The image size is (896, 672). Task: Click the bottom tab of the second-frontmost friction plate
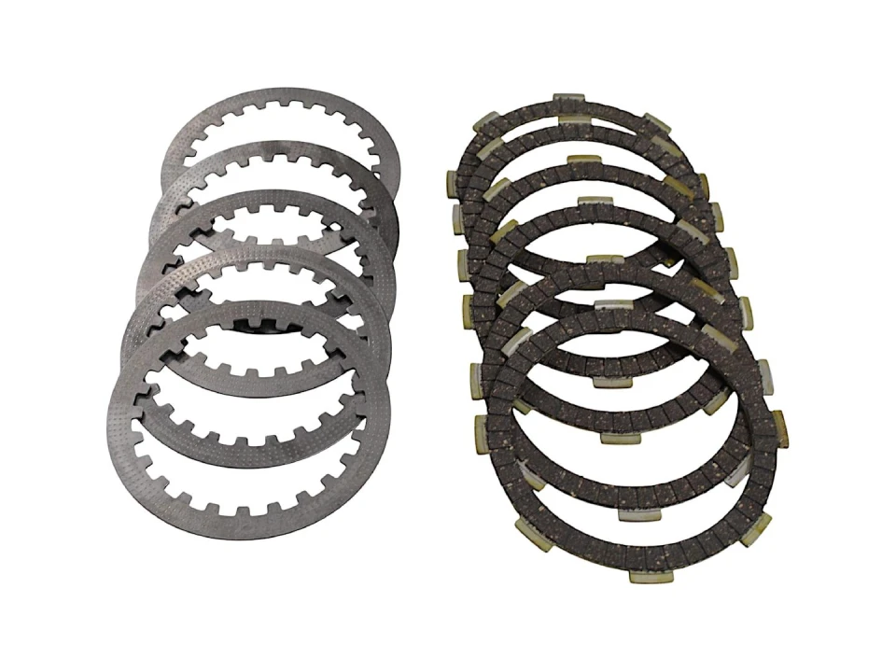[x=613, y=436]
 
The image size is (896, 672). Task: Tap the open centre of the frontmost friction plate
[x=635, y=439]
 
